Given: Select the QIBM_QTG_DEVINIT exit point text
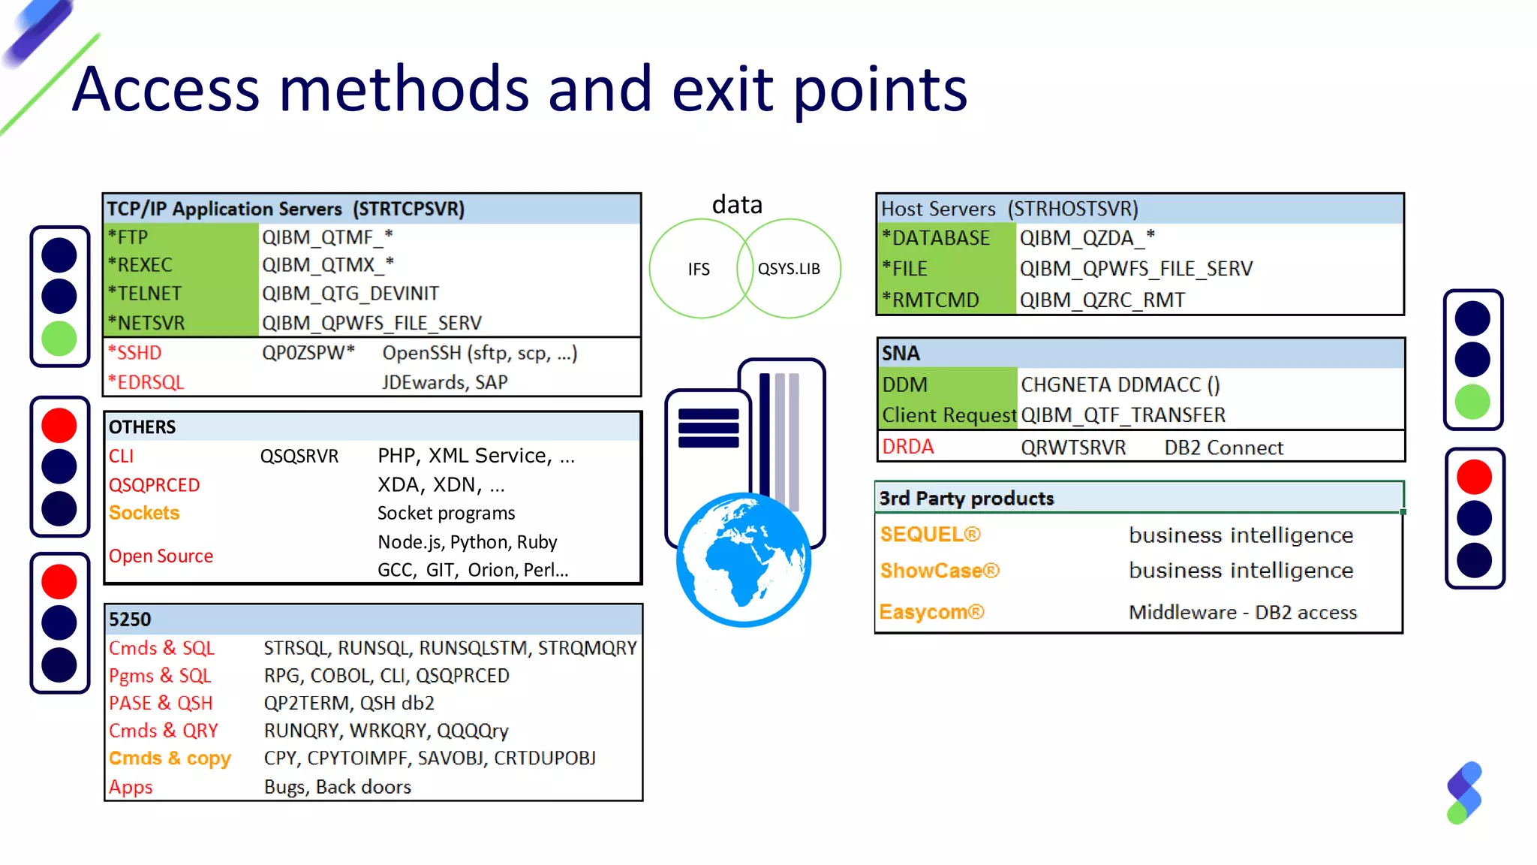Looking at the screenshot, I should coord(350,294).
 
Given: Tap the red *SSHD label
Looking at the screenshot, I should coord(135,353).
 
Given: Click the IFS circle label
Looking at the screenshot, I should coord(698,269).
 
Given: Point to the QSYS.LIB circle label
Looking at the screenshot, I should coord(789,269).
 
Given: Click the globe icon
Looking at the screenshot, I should coord(743,559).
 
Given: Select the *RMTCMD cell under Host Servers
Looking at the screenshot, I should coord(931,300).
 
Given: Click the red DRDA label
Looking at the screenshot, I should coord(907,447).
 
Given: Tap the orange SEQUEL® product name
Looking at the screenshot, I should coord(930,535).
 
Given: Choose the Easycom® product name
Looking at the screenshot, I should coord(931,612).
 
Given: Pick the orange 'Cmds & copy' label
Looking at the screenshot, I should coord(170,758).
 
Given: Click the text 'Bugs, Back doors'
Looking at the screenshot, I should coord(338,787).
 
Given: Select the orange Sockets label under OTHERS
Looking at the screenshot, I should coord(144,513).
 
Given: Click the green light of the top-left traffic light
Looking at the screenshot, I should coord(59,339).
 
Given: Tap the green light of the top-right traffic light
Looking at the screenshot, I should coord(1472,402).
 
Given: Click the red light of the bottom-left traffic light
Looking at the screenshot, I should coord(59,581).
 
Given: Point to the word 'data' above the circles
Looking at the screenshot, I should coord(737,204).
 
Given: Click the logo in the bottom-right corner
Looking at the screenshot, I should coord(1464,793).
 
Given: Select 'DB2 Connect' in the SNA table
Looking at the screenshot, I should coord(1223,448).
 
